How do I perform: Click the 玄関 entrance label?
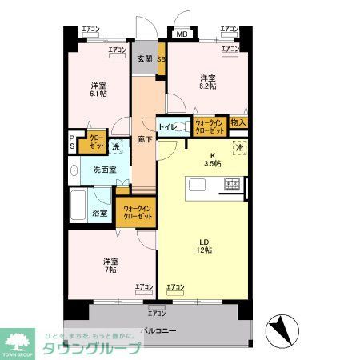coord(144,58)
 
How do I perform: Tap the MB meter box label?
coord(182,34)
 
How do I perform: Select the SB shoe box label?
coord(161,59)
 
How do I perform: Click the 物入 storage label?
coord(238,122)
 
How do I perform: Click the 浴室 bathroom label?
coord(100,214)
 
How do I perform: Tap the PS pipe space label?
coord(71,143)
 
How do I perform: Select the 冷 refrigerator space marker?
coord(238,148)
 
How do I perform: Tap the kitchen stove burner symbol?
coord(233,185)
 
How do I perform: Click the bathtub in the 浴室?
coord(79,208)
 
